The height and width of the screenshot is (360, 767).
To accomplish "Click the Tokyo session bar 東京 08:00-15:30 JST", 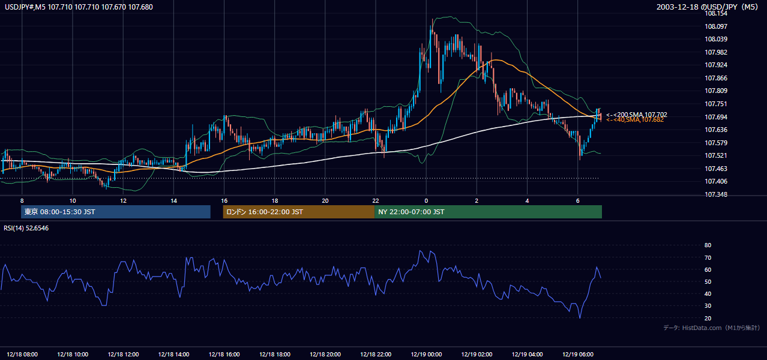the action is (x=116, y=212).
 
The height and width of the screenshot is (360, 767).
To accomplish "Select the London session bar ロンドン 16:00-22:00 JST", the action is (x=299, y=212).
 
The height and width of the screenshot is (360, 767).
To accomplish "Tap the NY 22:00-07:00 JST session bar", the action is (x=489, y=212).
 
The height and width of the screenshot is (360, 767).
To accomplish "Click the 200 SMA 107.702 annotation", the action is (x=637, y=115).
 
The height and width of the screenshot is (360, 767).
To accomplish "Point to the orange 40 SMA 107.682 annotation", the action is (x=635, y=120).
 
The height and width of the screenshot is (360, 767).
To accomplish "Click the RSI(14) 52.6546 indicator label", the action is (x=26, y=228).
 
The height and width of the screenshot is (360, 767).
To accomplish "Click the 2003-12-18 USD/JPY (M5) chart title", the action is (x=708, y=7).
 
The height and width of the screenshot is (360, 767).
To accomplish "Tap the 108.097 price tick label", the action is (x=715, y=26).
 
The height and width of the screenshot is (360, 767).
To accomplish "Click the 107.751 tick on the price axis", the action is (x=715, y=104).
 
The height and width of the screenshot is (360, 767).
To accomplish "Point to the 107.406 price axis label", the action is (x=715, y=181).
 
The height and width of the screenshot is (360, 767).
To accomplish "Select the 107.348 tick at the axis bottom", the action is (x=715, y=194).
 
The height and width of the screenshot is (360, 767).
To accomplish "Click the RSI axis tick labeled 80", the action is (x=708, y=245).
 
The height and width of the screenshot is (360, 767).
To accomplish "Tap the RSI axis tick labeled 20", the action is (x=708, y=318).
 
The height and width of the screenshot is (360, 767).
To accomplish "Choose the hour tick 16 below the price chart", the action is (x=224, y=201).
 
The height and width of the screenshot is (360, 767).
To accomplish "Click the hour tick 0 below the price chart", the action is (x=426, y=201).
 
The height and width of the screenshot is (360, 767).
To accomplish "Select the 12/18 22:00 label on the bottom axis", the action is (x=376, y=355).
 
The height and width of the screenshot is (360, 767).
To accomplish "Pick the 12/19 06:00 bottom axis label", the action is (x=578, y=355).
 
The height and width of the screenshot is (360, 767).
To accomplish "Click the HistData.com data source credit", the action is (x=712, y=328).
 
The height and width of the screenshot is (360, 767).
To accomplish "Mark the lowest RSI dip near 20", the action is (x=580, y=318).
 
